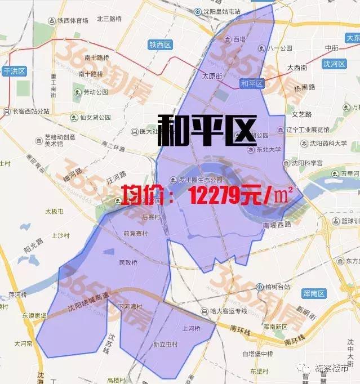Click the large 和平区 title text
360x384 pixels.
click(206, 130)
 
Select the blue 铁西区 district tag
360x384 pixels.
click(159, 44)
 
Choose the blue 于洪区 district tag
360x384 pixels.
click(14, 71)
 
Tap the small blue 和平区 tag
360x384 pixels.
click(252, 83)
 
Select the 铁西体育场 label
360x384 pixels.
click(69, 21)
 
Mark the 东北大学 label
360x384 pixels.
click(267, 149)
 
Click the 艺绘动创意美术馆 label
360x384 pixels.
click(60, 140)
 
